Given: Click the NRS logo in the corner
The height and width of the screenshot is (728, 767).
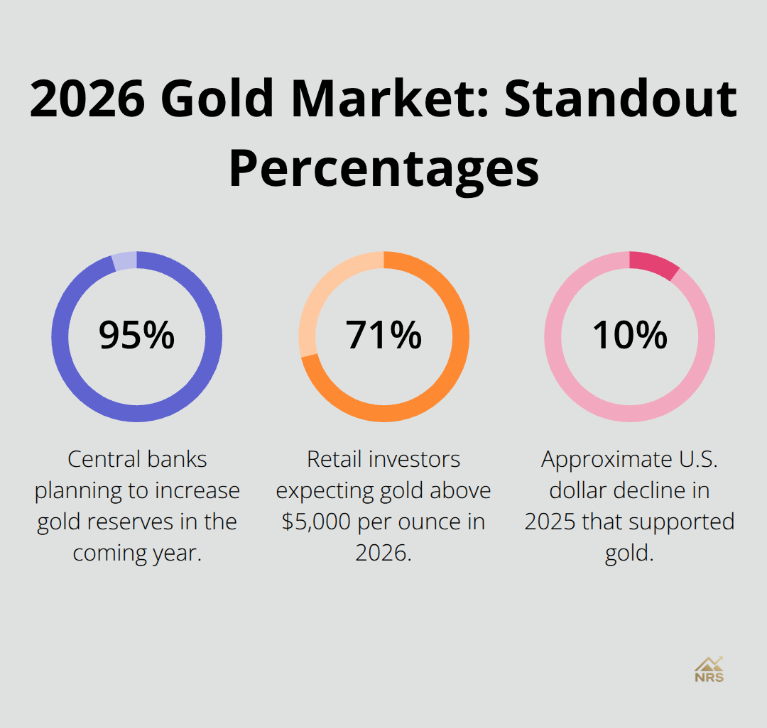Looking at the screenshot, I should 709,669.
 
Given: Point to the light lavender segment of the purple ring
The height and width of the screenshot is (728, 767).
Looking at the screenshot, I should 124,260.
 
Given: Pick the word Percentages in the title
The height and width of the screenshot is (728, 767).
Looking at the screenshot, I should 383,168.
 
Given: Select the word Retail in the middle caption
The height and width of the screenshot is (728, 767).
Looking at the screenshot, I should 334,459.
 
